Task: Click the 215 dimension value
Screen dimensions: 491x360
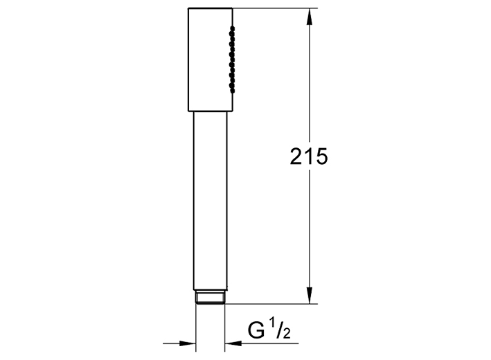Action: [308, 156]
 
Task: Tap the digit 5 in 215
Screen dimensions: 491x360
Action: [321, 156]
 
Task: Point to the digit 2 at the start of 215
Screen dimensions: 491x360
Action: [296, 156]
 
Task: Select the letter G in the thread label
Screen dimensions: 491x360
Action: [256, 330]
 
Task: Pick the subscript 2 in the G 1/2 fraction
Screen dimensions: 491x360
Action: [286, 334]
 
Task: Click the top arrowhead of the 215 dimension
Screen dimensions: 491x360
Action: [310, 17]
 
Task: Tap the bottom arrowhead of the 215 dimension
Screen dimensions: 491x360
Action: [310, 295]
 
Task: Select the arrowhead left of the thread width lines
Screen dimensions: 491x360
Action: [187, 343]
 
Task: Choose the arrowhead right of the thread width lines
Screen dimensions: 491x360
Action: [233, 343]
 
